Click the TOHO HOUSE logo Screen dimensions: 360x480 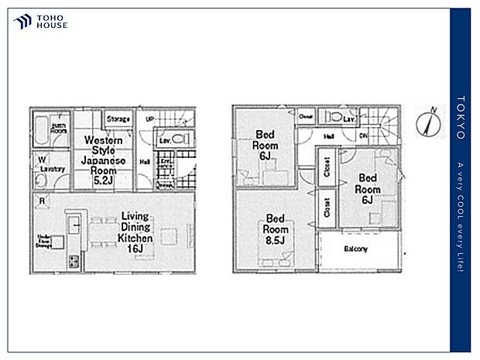point(41,22)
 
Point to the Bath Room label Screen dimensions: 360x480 point(59,129)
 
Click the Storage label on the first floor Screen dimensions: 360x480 point(118,119)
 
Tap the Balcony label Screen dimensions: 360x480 point(356,249)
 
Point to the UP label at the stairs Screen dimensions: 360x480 point(149,118)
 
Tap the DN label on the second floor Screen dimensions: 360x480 point(364,135)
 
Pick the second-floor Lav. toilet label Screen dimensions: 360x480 point(348,119)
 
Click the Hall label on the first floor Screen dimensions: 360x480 point(145,162)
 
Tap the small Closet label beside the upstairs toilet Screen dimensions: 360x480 point(306,117)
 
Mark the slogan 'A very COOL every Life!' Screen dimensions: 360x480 point(461,217)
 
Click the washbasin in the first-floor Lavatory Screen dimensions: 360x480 point(41,180)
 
